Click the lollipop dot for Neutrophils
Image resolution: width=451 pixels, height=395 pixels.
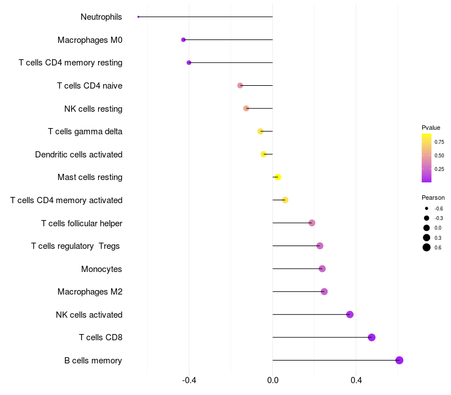click(x=138, y=17)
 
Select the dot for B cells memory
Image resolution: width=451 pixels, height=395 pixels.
click(x=399, y=360)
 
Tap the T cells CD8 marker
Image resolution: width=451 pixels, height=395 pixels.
click(x=372, y=337)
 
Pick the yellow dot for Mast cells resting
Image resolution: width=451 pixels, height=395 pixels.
click(x=277, y=177)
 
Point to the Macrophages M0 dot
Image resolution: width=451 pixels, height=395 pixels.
click(x=183, y=39)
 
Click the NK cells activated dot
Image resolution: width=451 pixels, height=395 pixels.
click(x=350, y=314)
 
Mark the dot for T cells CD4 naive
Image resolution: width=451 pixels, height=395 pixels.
click(x=240, y=85)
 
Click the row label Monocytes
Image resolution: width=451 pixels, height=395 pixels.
click(x=101, y=269)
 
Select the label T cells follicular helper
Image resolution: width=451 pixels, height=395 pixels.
click(x=82, y=223)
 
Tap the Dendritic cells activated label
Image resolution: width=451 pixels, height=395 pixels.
click(x=78, y=154)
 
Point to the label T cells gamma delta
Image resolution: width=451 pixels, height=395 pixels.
click(x=85, y=131)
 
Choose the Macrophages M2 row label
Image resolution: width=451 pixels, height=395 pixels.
click(x=90, y=292)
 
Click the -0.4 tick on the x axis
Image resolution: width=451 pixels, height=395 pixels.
click(x=189, y=380)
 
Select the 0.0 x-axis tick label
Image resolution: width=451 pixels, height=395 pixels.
click(x=273, y=380)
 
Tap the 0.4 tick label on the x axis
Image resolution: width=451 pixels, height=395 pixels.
click(x=356, y=380)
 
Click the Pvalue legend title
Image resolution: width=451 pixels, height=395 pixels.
click(x=431, y=128)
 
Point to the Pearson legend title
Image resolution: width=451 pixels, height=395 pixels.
click(x=433, y=197)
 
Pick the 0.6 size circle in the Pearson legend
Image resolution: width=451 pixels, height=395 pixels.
click(x=427, y=247)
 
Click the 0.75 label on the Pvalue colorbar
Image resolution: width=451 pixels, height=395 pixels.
click(x=439, y=142)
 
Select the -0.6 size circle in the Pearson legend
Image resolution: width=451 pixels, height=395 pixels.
click(x=427, y=209)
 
